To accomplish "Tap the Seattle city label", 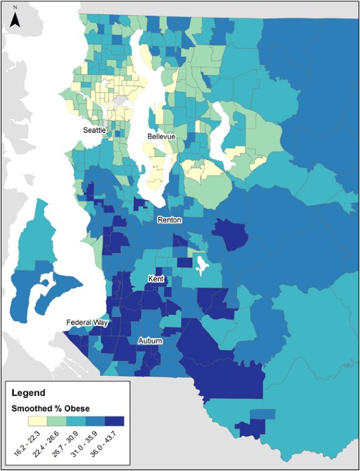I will (95, 130).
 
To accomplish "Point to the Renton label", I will (169, 220).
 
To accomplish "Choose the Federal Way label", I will (86, 322).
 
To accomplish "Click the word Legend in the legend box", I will (30, 393).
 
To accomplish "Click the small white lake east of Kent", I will (201, 263).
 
